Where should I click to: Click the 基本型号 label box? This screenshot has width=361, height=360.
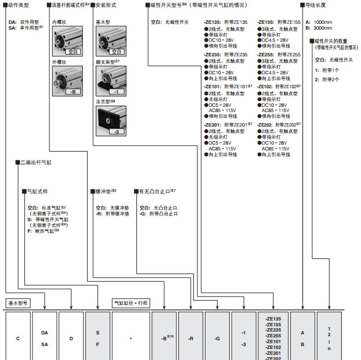18,303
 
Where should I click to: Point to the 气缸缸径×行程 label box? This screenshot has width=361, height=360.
131,303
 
